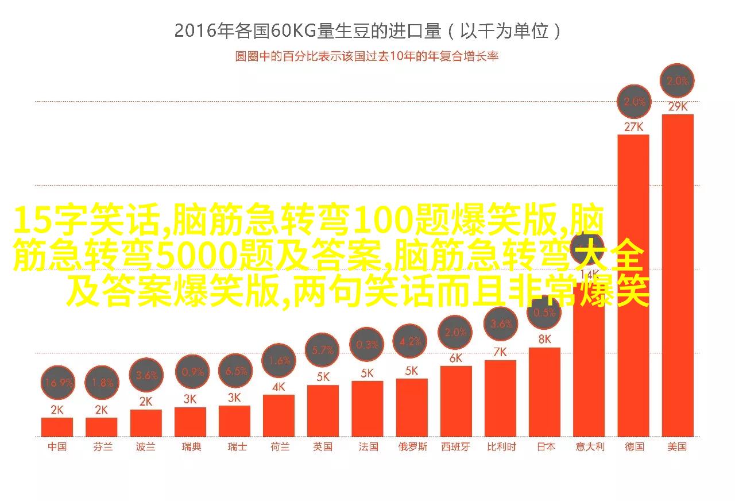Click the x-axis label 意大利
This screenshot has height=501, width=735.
590,447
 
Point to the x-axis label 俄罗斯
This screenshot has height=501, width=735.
412,447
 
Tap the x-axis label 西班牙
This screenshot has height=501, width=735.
455,447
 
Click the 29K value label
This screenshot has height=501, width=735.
678,106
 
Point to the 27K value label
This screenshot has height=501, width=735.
633,126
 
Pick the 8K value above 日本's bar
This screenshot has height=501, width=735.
544,339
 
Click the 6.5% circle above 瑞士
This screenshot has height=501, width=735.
236,371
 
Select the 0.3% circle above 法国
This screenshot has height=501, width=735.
367,345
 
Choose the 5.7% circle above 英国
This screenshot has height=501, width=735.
323,350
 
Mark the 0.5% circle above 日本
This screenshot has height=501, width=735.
544,313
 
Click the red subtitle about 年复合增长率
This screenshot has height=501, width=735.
366,56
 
